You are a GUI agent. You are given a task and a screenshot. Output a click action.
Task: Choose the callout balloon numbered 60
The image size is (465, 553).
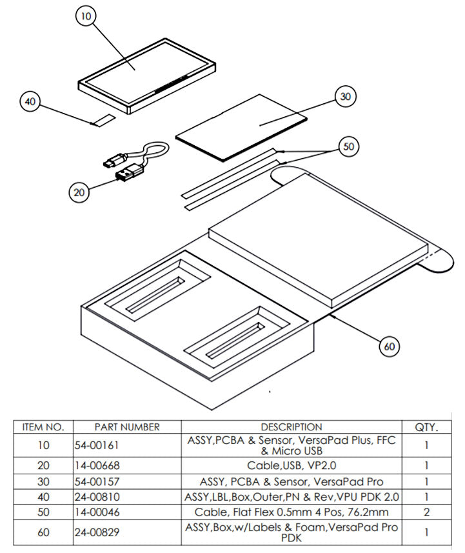point(389,346)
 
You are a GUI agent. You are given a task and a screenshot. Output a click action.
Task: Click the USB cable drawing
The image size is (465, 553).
point(135,163)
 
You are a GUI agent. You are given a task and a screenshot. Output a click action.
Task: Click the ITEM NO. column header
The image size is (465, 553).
point(43,427)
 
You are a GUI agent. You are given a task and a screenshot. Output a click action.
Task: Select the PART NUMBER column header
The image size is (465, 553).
point(126,427)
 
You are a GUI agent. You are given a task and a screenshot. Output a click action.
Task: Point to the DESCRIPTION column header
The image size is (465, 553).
point(291,427)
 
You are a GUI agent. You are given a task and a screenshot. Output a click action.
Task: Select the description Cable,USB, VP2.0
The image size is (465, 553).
point(291,465)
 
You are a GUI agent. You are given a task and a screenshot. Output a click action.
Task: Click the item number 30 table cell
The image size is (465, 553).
point(43,481)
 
